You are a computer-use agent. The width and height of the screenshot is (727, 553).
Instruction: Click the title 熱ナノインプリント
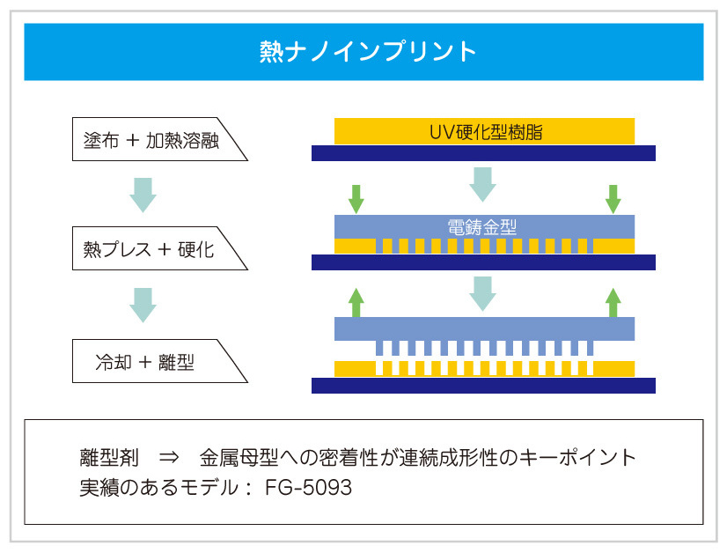coord(363,50)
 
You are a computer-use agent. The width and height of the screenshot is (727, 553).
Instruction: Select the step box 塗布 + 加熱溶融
coord(154,139)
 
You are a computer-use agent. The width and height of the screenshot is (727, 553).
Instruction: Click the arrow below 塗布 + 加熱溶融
coord(143,194)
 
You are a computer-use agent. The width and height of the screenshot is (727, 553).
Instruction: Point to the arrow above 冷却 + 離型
coord(143,305)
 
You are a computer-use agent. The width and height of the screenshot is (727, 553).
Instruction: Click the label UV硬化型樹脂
coord(484,132)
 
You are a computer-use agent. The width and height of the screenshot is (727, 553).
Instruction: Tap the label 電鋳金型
coord(484,226)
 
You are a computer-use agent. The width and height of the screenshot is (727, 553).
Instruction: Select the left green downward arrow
coord(356,199)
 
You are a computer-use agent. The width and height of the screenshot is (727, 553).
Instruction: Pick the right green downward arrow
coord(613,199)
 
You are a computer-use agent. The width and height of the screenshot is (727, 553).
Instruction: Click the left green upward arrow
coord(356,301)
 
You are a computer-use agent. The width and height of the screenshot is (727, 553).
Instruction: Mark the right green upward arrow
coord(613,301)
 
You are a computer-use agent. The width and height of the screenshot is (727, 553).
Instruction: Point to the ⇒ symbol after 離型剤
coord(170,459)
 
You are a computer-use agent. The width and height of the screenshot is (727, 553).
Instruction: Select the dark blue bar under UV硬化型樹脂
coord(483,153)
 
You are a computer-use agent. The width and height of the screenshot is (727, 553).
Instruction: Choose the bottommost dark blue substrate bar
coord(483,385)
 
